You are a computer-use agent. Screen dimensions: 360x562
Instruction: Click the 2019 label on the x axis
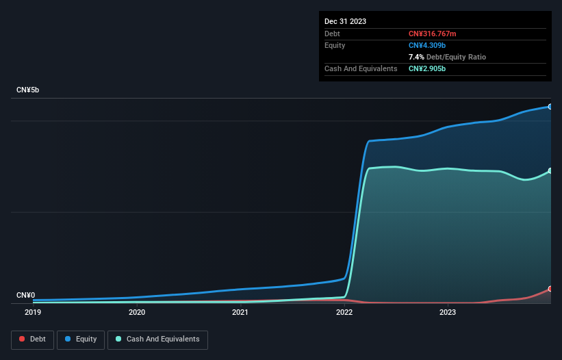click(33, 312)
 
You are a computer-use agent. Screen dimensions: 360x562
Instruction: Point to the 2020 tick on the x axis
click(137, 312)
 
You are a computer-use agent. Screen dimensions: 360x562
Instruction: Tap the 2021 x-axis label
click(240, 312)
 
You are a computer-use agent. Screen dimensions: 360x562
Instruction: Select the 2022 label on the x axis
click(344, 312)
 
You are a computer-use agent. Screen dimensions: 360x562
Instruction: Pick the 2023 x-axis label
click(447, 312)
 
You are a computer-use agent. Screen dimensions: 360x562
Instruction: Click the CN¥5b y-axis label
click(27, 90)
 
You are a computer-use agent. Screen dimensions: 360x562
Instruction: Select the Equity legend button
click(81, 339)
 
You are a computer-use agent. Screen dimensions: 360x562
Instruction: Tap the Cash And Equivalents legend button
click(157, 339)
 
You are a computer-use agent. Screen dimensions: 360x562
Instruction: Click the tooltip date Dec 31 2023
click(345, 21)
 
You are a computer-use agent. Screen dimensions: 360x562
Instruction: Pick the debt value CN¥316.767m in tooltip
click(432, 34)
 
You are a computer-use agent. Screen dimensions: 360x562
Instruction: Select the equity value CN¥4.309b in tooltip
click(426, 45)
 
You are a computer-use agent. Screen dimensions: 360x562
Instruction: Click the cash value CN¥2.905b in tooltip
click(426, 68)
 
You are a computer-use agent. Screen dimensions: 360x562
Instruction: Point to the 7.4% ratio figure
click(416, 57)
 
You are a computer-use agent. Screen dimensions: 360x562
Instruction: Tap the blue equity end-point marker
click(550, 107)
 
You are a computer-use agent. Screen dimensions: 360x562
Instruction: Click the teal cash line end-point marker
click(550, 171)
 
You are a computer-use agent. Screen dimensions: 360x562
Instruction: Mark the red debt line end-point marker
click(550, 289)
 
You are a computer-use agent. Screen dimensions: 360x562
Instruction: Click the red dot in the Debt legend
click(23, 339)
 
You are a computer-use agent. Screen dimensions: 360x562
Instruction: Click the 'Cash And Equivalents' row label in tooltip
click(361, 68)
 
